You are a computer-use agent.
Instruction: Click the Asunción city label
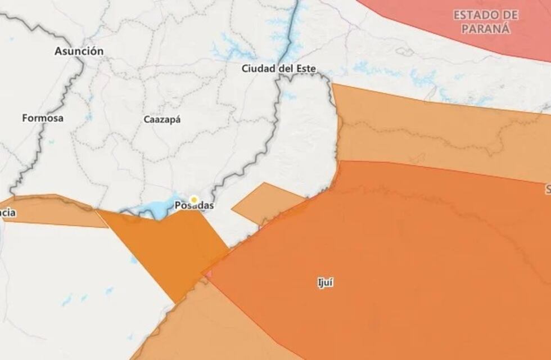coord(79,51)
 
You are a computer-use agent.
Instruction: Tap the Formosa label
coord(43,118)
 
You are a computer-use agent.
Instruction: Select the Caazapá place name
coord(163,119)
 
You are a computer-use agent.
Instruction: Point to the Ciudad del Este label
coord(278,69)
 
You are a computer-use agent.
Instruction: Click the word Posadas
coord(194,206)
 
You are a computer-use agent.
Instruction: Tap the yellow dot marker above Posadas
coord(194,199)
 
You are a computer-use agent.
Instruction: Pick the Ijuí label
coord(325,283)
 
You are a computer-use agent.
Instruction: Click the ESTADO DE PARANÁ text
coord(486,22)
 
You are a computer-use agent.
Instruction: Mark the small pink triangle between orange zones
coord(209,274)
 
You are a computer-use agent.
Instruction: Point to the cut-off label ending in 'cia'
coord(8,213)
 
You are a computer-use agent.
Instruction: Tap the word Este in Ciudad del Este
coord(304,69)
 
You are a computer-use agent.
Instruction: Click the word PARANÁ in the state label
coord(486,29)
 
